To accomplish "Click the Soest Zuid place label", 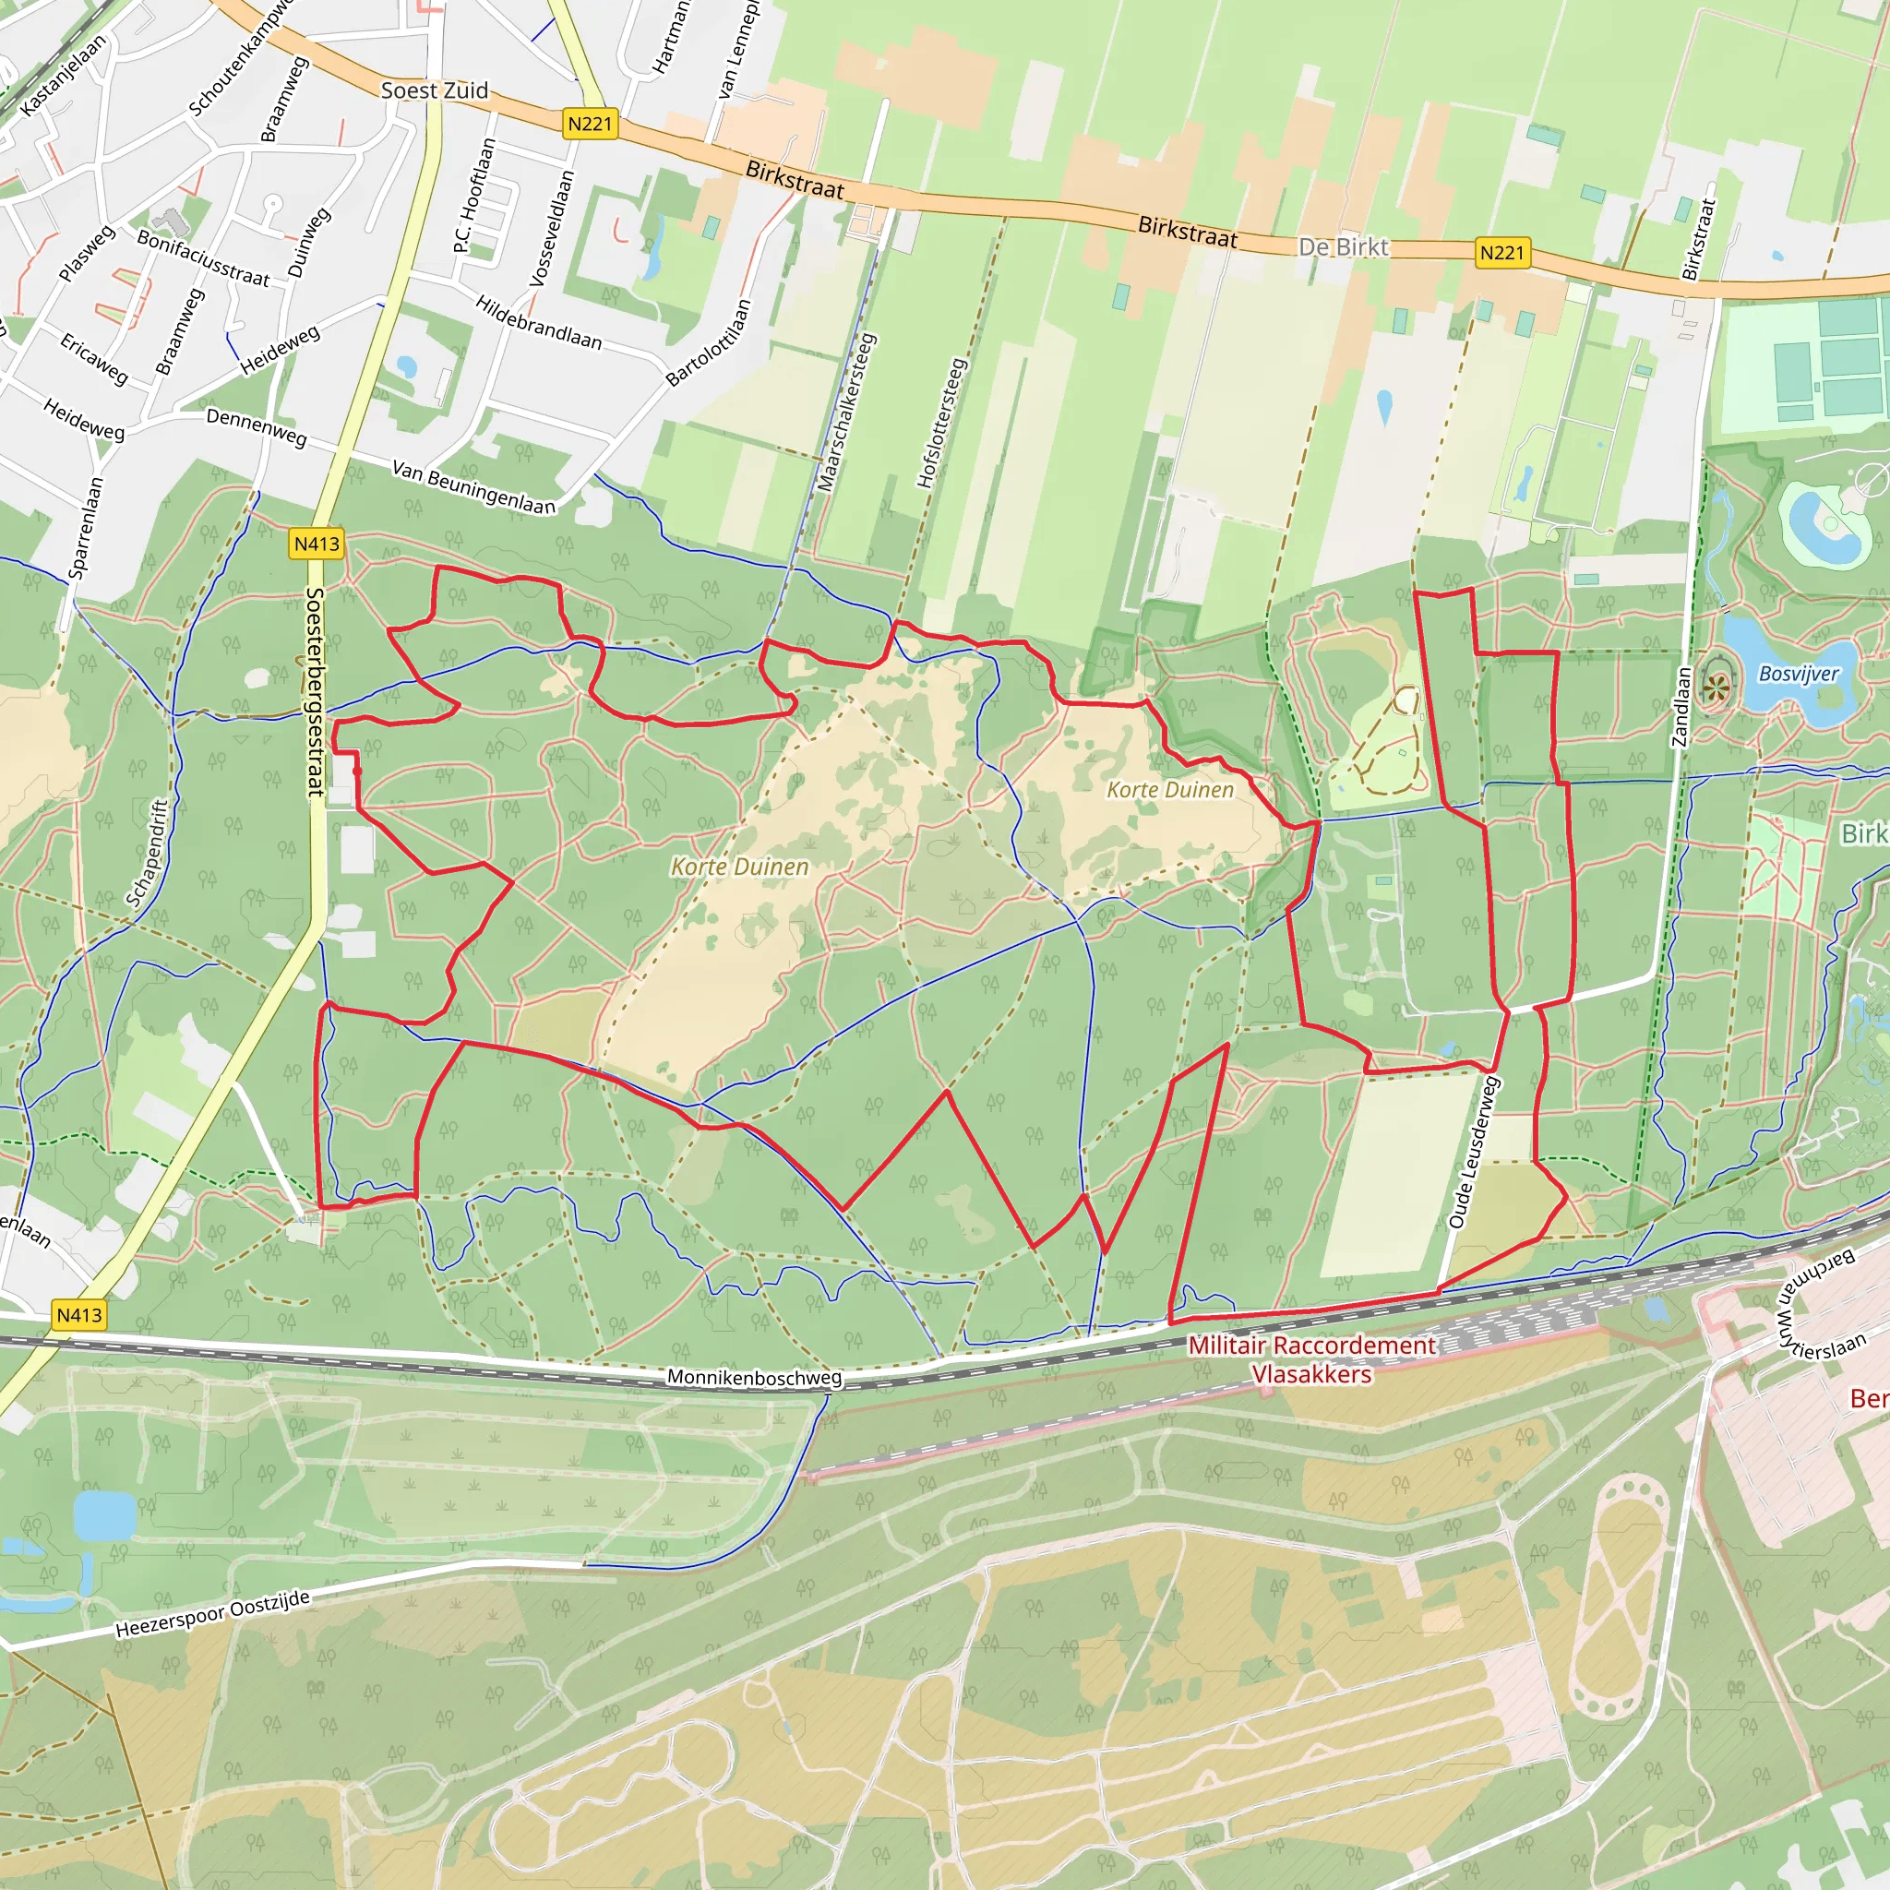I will point(435,91).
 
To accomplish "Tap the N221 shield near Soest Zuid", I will point(590,125).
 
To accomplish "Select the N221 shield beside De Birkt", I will point(1501,254).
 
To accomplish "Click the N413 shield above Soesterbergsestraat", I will point(317,544).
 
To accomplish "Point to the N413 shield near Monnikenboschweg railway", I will point(79,1316).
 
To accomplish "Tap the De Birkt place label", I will point(1342,247).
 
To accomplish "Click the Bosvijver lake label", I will point(1798,674).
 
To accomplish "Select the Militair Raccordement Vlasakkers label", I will point(1312,1358).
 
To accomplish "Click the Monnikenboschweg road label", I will point(753,1378).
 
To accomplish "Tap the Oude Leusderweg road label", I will point(1473,1153).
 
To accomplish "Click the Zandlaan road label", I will point(1681,706).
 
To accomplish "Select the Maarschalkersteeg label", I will point(847,412).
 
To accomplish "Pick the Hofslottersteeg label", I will point(942,424).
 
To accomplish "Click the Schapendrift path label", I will point(149,853).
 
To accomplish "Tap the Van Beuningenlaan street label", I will point(473,487).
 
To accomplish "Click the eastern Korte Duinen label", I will point(1170,789).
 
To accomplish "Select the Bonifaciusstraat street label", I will point(202,258).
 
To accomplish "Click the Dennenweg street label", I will point(257,427).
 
